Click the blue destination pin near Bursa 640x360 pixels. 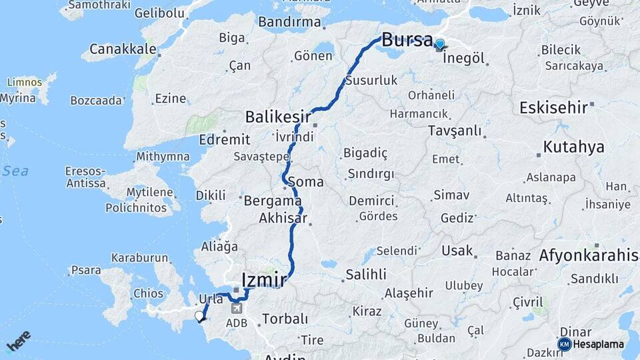coord(440,45)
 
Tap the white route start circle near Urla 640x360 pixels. coord(199,316)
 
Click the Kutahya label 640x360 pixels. coord(573,147)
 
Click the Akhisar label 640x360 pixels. coord(283,218)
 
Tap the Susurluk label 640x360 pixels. coord(371,81)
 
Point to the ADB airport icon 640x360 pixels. coord(237,309)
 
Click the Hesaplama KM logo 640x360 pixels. coord(591,345)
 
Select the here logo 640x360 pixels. coord(18,340)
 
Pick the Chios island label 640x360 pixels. coord(148,293)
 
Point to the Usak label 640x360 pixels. coord(457,251)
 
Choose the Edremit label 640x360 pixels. coord(225,139)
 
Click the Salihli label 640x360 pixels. coord(366,274)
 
